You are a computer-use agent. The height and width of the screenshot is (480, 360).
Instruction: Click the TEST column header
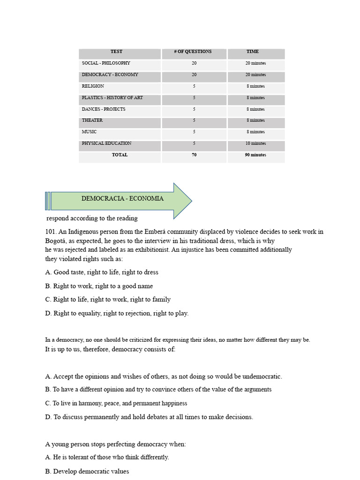tap(116, 52)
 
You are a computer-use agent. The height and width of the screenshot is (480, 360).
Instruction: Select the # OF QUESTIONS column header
tap(193, 52)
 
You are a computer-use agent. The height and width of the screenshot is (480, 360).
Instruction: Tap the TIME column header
tap(253, 52)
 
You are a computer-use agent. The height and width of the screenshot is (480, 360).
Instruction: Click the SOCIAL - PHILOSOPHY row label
tap(106, 63)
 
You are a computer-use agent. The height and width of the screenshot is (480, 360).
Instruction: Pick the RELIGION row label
tap(93, 86)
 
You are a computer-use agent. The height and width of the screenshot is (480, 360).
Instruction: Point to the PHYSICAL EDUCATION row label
tap(106, 143)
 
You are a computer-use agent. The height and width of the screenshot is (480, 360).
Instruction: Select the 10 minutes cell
tap(255, 144)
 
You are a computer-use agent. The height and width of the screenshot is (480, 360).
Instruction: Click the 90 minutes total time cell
tap(255, 155)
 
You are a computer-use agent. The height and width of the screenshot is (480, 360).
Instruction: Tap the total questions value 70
tap(194, 155)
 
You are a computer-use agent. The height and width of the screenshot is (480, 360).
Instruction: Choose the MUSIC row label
tap(89, 132)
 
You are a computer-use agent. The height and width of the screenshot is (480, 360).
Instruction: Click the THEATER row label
tap(92, 120)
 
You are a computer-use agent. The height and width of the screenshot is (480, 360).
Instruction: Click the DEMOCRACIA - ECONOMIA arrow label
tap(122, 199)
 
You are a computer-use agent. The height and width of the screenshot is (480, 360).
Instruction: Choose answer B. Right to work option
tap(99, 286)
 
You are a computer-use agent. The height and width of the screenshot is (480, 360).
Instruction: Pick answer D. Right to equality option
tap(117, 313)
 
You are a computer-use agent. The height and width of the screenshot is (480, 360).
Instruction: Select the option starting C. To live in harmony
tap(116, 403)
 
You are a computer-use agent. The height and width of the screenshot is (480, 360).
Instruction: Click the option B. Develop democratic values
tap(87, 472)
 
